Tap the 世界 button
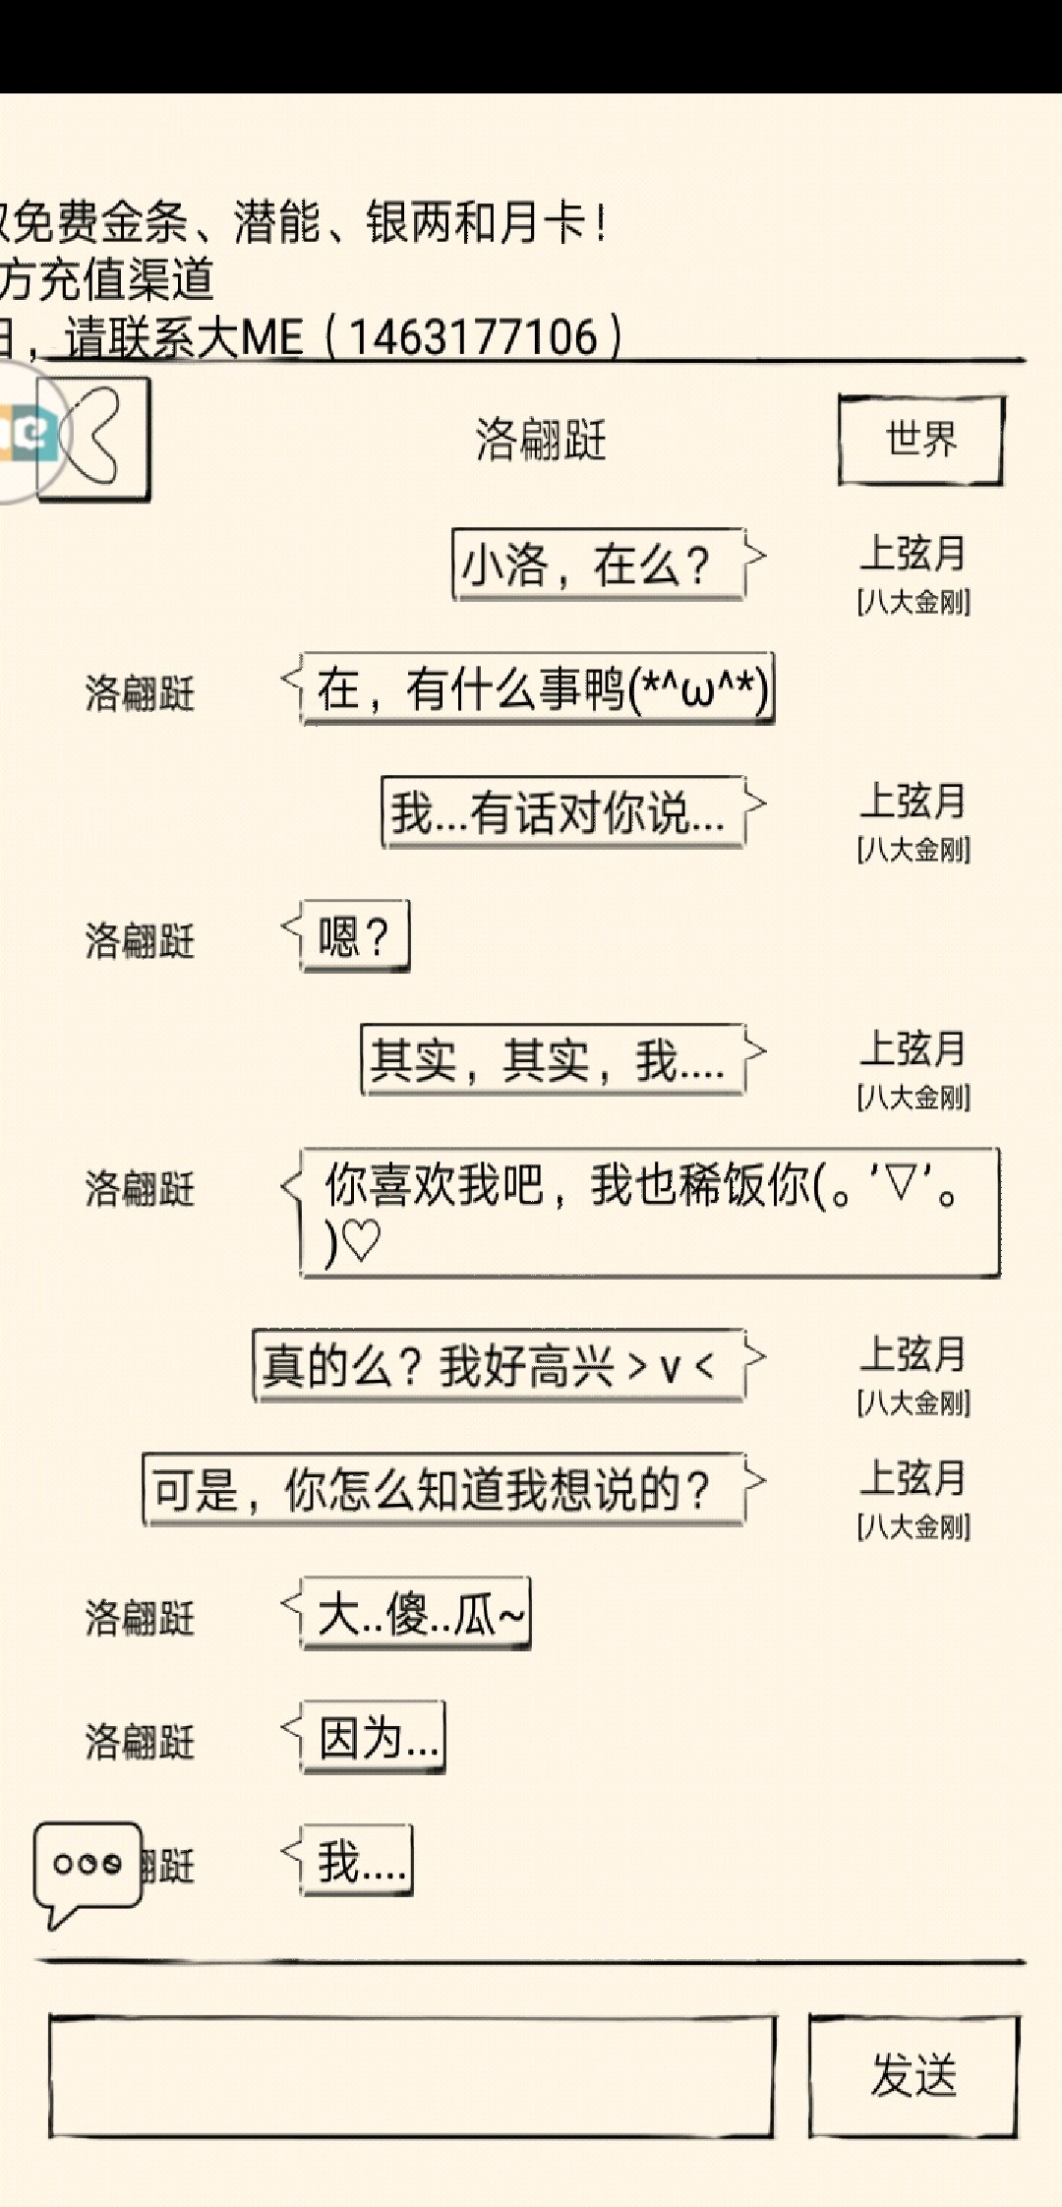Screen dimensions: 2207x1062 click(x=920, y=440)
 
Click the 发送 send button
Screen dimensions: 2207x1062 click(x=914, y=2075)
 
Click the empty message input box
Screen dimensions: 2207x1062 click(x=411, y=2075)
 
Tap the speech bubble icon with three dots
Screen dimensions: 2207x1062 click(x=87, y=1867)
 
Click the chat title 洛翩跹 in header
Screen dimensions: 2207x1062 click(x=541, y=440)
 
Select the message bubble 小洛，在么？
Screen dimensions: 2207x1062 click(x=596, y=566)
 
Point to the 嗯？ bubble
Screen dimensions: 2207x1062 click(x=354, y=936)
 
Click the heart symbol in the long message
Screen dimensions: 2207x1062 click(x=361, y=1241)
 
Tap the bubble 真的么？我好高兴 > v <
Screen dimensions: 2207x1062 click(x=498, y=1366)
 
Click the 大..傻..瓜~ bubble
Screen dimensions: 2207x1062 click(x=416, y=1614)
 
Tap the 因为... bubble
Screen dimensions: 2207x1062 click(x=373, y=1738)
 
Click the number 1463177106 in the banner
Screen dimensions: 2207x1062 click(x=473, y=337)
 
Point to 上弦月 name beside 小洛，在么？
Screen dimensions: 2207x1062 click(x=914, y=553)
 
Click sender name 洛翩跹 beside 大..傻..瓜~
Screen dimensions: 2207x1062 click(x=140, y=1618)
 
